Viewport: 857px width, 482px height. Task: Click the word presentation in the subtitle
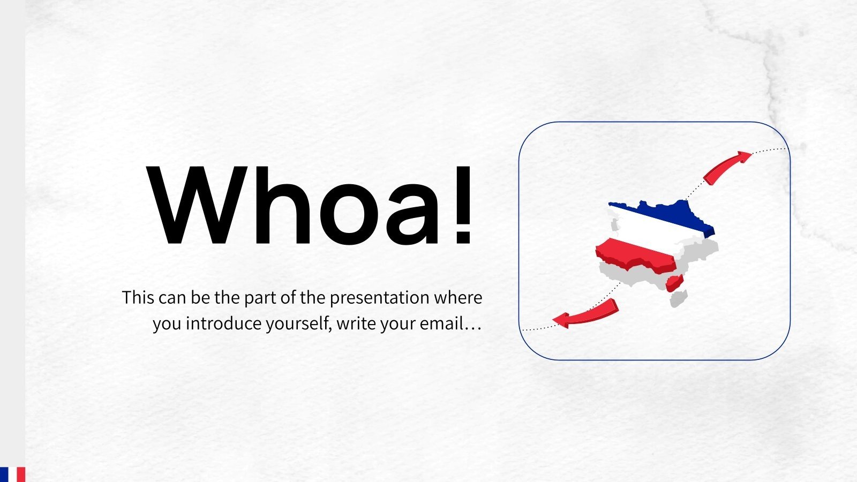[x=379, y=298]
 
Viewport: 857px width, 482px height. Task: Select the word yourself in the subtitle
[x=299, y=325]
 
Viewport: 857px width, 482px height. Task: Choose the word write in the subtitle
[x=356, y=323]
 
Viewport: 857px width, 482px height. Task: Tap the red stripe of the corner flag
[x=21, y=475]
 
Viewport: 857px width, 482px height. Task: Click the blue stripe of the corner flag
[x=4, y=475]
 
